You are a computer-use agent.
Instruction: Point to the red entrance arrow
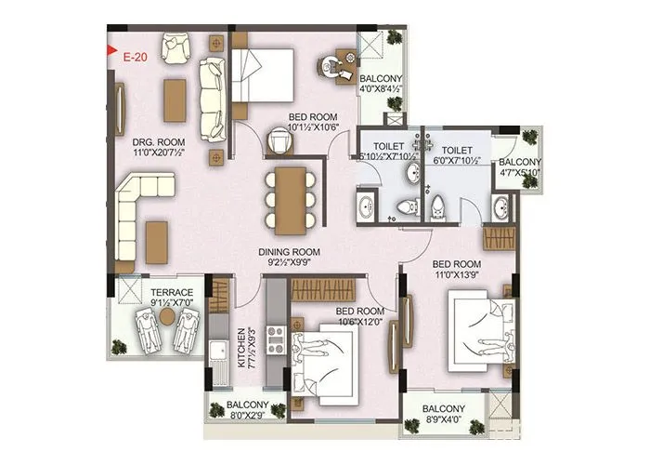(112, 52)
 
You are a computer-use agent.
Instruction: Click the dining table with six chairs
(291, 199)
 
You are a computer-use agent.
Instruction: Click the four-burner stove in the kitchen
(276, 341)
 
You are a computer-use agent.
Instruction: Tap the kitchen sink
(217, 352)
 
